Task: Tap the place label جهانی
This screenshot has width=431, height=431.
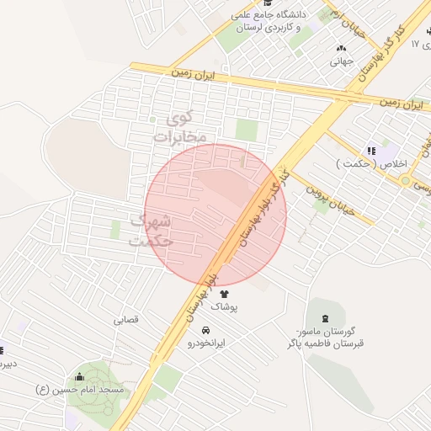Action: pyautogui.click(x=340, y=61)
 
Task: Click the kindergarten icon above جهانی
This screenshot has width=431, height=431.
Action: pyautogui.click(x=341, y=48)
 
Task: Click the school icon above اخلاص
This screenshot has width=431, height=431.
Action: pyautogui.click(x=371, y=151)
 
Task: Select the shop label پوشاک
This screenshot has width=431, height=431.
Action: pyautogui.click(x=224, y=308)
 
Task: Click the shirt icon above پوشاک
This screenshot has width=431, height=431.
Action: pyautogui.click(x=224, y=294)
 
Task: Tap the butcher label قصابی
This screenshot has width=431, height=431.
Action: pyautogui.click(x=125, y=320)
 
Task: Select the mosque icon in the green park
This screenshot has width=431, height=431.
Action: pyautogui.click(x=80, y=376)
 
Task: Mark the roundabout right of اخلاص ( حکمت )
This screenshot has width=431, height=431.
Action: pyautogui.click(x=406, y=180)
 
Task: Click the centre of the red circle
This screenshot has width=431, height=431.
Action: pyautogui.click(x=215, y=215)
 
